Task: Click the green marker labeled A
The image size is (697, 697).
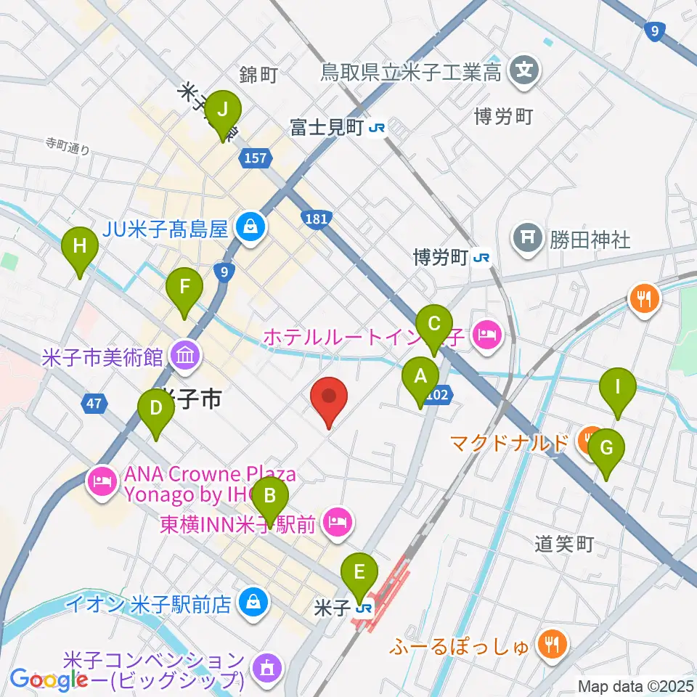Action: tap(420, 378)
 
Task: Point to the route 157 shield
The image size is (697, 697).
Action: tap(256, 158)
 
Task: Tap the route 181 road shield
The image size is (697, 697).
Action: tap(315, 218)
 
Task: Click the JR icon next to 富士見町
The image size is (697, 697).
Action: tap(377, 129)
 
